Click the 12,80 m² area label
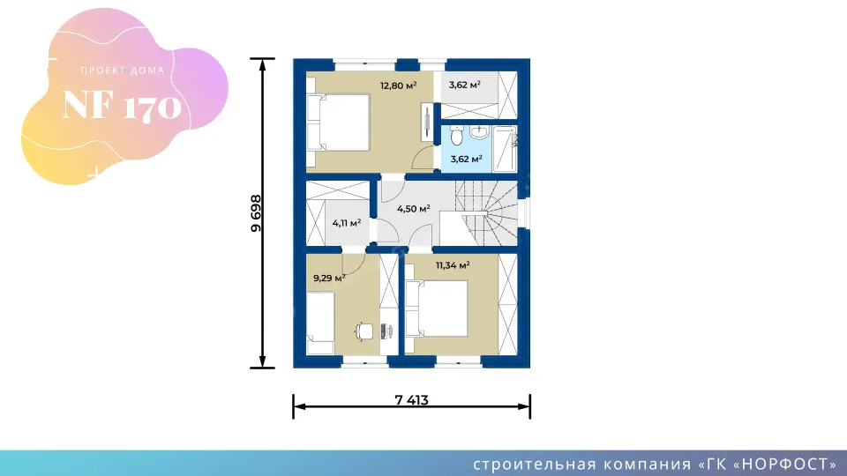[x=398, y=86]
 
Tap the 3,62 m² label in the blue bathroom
[x=466, y=160]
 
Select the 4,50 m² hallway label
[x=413, y=209]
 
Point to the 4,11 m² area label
[x=347, y=223]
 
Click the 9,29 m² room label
[x=328, y=278]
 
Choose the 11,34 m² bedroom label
[x=452, y=264]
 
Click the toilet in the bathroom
[x=454, y=137]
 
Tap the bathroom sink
[x=480, y=132]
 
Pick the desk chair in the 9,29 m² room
[x=364, y=331]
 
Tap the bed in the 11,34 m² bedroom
[x=440, y=309]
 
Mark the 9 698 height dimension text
[x=255, y=212]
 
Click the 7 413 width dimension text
[x=411, y=399]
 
